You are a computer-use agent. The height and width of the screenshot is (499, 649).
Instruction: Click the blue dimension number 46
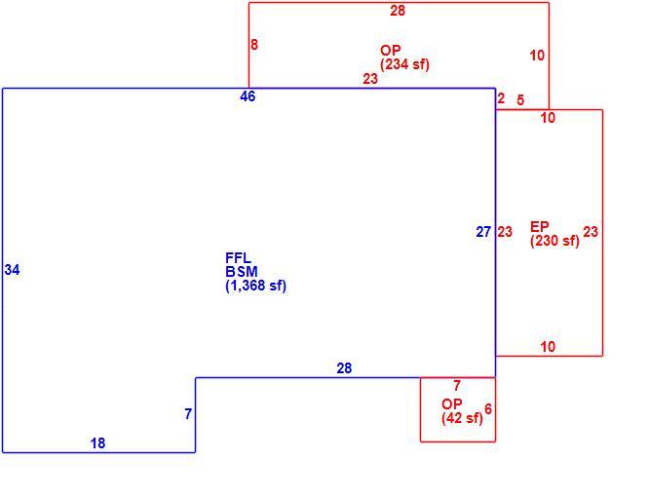(x=248, y=96)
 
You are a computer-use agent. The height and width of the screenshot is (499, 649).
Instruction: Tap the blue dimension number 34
(x=12, y=270)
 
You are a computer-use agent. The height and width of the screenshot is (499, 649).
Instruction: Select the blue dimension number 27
(x=483, y=232)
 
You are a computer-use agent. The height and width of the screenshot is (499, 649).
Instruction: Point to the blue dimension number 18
(x=97, y=443)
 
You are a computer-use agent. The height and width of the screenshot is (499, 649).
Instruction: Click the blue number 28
(x=344, y=368)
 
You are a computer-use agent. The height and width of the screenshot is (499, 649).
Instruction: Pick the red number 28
(x=398, y=11)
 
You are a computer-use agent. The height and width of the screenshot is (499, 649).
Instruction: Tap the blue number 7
(x=188, y=413)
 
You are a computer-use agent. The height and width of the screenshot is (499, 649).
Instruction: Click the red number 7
(x=457, y=386)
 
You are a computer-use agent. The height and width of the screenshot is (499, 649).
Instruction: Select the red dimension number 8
(x=254, y=45)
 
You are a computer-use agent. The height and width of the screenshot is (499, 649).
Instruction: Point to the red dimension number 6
(x=488, y=409)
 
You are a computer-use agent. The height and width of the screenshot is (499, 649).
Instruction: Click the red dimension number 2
(x=501, y=98)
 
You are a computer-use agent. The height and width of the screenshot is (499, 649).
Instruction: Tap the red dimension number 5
(x=520, y=99)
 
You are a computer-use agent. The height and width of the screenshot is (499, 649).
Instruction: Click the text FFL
(x=238, y=258)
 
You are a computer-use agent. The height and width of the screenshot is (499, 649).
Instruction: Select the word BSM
(x=242, y=272)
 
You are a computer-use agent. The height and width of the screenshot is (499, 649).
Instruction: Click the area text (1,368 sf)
(x=255, y=286)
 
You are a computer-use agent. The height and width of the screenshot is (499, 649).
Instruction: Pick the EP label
(x=540, y=227)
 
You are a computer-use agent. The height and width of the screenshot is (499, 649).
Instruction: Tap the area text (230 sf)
(x=554, y=241)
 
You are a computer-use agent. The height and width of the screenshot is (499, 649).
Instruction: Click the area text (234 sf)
(x=404, y=64)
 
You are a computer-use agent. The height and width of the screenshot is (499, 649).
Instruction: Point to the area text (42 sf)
(x=462, y=418)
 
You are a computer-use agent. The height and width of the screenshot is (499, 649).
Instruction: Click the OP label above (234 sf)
(x=391, y=51)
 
